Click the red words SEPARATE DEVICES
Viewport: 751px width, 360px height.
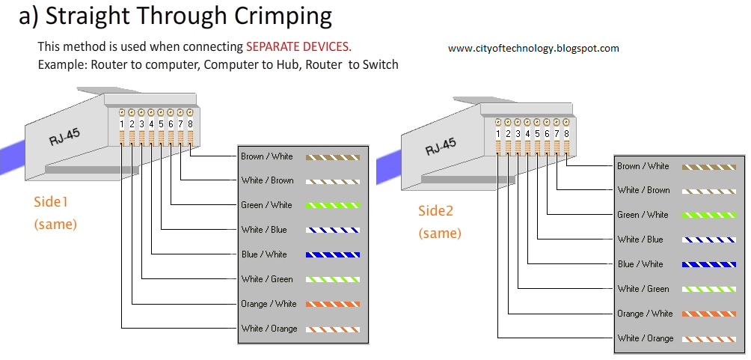[298, 47]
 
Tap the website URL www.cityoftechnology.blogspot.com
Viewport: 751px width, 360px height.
[533, 49]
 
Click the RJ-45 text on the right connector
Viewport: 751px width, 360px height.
[441, 144]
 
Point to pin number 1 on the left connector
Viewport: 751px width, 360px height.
[122, 124]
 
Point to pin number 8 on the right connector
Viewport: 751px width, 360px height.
[566, 134]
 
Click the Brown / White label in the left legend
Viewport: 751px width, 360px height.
[267, 157]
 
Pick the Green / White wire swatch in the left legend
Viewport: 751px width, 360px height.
[333, 205]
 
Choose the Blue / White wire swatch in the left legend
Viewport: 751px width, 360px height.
[333, 254]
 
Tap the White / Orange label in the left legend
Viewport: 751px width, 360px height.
[269, 329]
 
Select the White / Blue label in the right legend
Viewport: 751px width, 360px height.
[640, 240]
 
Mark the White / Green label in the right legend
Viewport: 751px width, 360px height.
[643, 289]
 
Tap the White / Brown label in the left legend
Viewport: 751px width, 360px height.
[267, 180]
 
